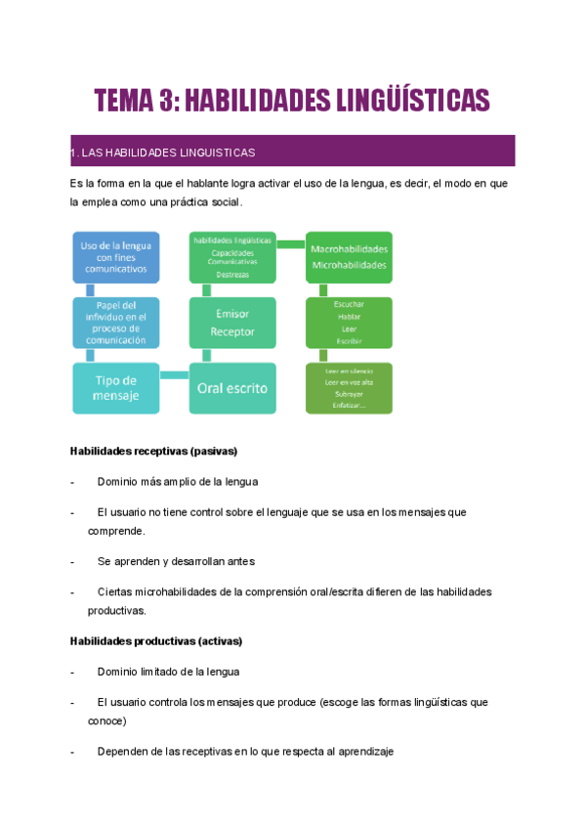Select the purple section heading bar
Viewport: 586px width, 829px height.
pyautogui.click(x=292, y=152)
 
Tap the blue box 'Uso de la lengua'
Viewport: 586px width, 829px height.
pyautogui.click(x=115, y=257)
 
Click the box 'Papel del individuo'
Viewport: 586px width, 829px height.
pyautogui.click(x=115, y=323)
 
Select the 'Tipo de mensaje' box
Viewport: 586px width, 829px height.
pyautogui.click(x=115, y=388)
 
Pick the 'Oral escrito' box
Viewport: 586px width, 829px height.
pyautogui.click(x=232, y=388)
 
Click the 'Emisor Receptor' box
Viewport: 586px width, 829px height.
pyautogui.click(x=232, y=323)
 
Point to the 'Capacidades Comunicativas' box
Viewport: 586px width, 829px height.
pyautogui.click(x=232, y=257)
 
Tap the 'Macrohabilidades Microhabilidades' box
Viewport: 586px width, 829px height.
pyautogui.click(x=349, y=256)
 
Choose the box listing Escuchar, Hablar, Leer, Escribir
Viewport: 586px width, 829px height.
pyautogui.click(x=349, y=323)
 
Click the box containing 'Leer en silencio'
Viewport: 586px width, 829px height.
pyautogui.click(x=349, y=388)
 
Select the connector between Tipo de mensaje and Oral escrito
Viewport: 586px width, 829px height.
pyautogui.click(x=174, y=375)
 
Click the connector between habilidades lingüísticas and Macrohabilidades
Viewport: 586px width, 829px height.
pyautogui.click(x=291, y=243)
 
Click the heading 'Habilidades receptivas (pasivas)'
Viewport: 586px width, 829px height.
pyautogui.click(x=154, y=452)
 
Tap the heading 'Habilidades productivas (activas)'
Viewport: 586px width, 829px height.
pyautogui.click(x=156, y=641)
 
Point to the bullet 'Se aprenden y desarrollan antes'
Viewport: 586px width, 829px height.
pyautogui.click(x=176, y=562)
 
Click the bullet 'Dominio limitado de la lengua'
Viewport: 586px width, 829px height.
pyautogui.click(x=168, y=673)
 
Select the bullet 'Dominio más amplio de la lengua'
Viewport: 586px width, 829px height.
pyautogui.click(x=178, y=482)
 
